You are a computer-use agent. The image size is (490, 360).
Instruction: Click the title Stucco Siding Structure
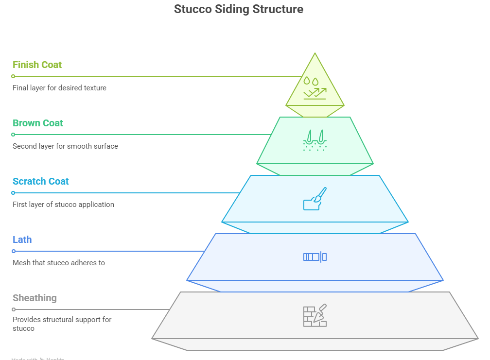click(238, 9)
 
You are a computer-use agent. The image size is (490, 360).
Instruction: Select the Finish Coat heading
click(37, 65)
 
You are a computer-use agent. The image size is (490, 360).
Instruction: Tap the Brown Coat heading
click(38, 123)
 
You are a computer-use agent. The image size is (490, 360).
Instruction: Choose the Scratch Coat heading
click(41, 181)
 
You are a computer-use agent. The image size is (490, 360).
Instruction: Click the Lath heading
click(22, 240)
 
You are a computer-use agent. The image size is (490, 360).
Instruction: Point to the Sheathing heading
click(35, 298)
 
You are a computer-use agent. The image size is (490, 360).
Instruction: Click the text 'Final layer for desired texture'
click(59, 88)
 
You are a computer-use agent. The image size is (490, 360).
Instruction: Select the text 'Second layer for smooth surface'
click(65, 146)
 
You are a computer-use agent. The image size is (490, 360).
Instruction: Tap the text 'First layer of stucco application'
click(63, 205)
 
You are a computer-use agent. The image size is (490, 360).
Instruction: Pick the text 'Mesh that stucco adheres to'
click(58, 263)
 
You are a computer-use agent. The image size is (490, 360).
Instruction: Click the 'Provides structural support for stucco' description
click(62, 324)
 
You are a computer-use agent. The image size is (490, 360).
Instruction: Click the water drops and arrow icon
click(315, 87)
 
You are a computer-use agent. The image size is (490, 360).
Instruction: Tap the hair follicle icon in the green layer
click(315, 140)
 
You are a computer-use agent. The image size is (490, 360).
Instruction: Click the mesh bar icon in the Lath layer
click(315, 257)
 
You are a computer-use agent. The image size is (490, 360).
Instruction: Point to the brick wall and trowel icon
click(315, 316)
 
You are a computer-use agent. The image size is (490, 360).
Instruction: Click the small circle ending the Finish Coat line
click(14, 76)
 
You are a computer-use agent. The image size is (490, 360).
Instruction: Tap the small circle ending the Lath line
click(14, 251)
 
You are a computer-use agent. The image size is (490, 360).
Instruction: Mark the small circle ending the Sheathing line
click(14, 309)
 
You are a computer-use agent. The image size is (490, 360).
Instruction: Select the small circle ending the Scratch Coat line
click(14, 193)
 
